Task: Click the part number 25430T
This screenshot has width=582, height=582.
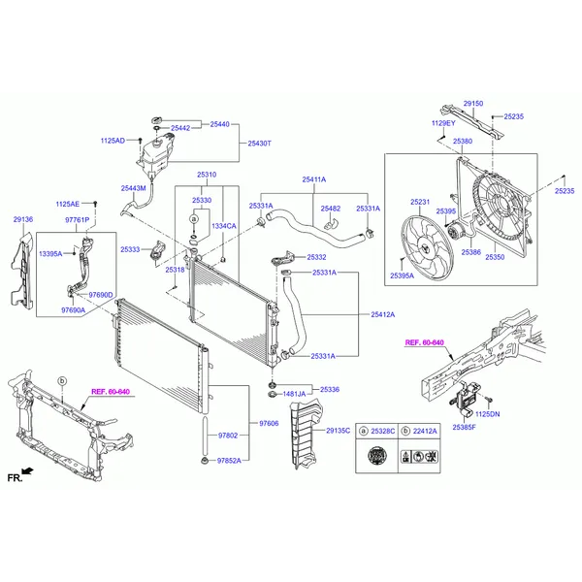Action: pos(259,143)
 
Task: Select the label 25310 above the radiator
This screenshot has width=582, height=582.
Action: pos(206,176)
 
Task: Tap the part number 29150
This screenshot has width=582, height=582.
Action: pos(472,103)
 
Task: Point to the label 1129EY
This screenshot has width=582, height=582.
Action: pos(443,123)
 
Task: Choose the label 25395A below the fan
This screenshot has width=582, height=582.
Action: pos(402,275)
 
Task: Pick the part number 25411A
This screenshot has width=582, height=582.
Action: pos(313,179)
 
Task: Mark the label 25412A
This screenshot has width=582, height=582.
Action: pos(382,314)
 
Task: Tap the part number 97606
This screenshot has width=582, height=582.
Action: pos(269,424)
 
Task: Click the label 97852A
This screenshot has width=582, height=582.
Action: pos(229,461)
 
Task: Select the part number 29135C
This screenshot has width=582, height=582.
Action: pos(339,430)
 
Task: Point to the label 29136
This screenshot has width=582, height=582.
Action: pos(22,220)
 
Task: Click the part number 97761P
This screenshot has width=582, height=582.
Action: pos(77,220)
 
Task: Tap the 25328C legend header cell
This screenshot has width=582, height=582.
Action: pos(376,430)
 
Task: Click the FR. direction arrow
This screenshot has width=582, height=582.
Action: pos(25,474)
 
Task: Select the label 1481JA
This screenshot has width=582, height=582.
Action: pos(294,393)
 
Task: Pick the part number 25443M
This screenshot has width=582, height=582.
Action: pos(133,187)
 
